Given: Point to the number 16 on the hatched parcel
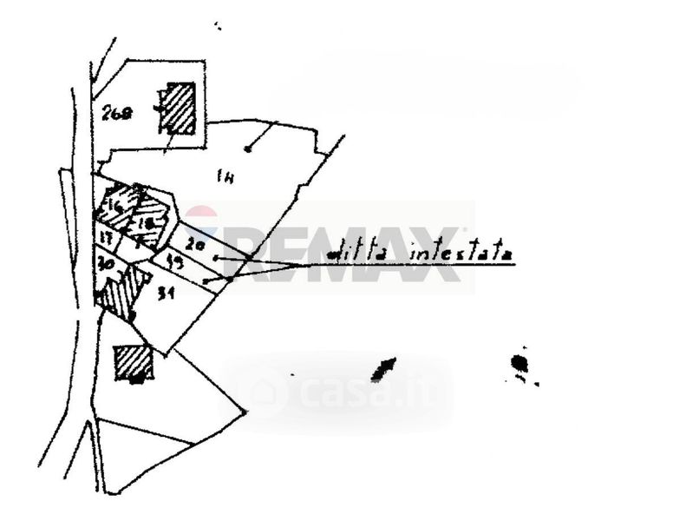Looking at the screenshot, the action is pyautogui.click(x=114, y=207).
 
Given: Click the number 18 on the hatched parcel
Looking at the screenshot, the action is pyautogui.click(x=146, y=221).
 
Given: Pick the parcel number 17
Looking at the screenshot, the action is pyautogui.click(x=106, y=236).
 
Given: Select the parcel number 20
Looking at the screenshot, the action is pyautogui.click(x=195, y=246).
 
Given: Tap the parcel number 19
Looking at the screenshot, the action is pyautogui.click(x=173, y=260).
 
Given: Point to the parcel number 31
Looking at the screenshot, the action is pyautogui.click(x=167, y=294).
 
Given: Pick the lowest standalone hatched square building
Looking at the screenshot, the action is pyautogui.click(x=134, y=364).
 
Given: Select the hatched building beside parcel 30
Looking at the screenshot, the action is pyautogui.click(x=122, y=293).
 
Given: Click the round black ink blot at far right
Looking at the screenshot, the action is pyautogui.click(x=519, y=362).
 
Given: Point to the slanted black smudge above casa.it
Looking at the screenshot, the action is pyautogui.click(x=382, y=369).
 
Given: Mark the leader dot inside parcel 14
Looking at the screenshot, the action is pyautogui.click(x=248, y=149).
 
